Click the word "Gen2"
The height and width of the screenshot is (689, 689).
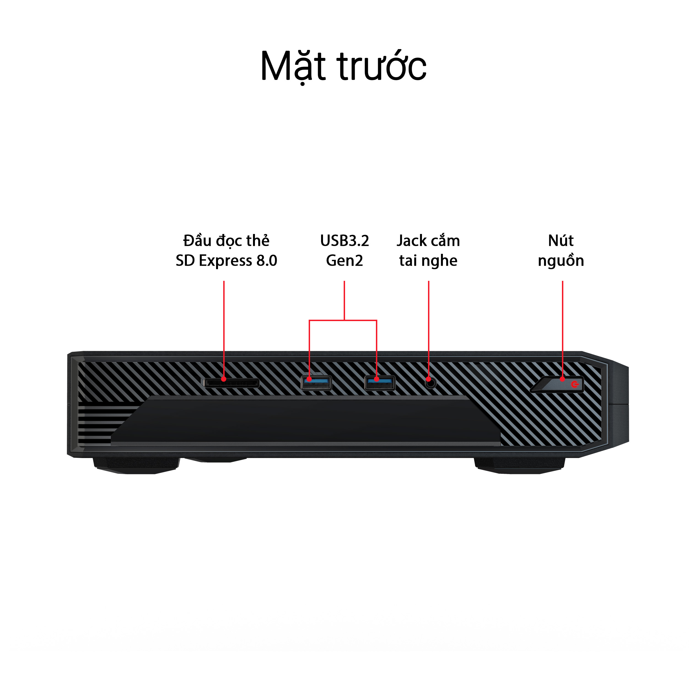[x=344, y=261]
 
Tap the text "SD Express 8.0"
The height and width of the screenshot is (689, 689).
[x=227, y=261]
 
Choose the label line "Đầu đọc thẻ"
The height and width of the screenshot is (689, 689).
[x=227, y=240]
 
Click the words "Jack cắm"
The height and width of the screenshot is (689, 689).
[x=428, y=241]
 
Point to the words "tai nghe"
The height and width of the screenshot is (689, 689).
[x=428, y=261]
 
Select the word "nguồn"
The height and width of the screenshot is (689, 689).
[x=561, y=261]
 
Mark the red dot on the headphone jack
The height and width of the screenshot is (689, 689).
[x=429, y=379]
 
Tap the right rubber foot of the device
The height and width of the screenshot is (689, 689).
[x=520, y=466]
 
